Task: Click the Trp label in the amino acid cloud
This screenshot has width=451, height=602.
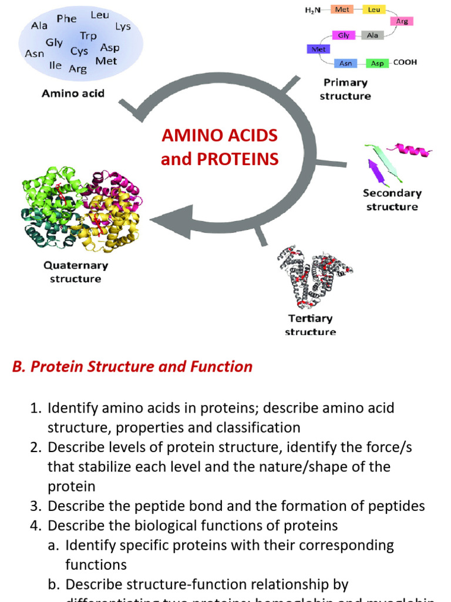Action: point(89,36)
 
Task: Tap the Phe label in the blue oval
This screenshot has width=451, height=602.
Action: point(66,19)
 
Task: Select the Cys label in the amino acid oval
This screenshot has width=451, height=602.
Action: point(79,51)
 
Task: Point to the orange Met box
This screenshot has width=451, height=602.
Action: point(342,9)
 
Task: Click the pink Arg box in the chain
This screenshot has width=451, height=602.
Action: point(402,21)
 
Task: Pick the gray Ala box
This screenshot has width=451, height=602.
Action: point(372,35)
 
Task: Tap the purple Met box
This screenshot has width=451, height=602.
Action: point(318,49)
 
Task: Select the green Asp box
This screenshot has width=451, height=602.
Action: point(377,63)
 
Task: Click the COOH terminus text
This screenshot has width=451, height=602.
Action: point(405,62)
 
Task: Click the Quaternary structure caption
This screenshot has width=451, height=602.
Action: point(76,272)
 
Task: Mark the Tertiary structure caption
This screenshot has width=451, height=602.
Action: point(310,325)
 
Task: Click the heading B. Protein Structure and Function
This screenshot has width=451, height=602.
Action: point(132,367)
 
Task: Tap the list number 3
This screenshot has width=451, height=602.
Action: point(35,506)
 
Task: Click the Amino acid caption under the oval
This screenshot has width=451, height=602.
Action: point(73,93)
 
